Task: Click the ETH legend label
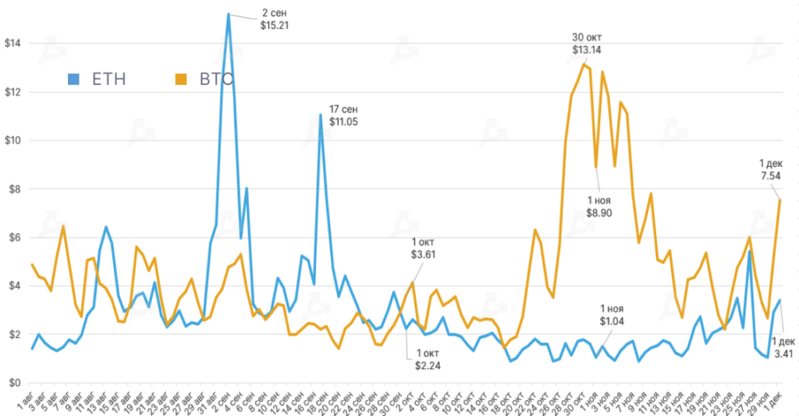pos(108,78)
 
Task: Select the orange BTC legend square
pos(181,78)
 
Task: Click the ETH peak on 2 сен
pos(228,13)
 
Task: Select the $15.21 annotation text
pos(275,25)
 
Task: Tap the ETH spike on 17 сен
pos(321,115)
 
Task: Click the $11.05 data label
pos(343,122)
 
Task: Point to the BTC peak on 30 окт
pos(582,65)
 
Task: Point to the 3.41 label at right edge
pos(783,354)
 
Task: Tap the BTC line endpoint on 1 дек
pos(780,200)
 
